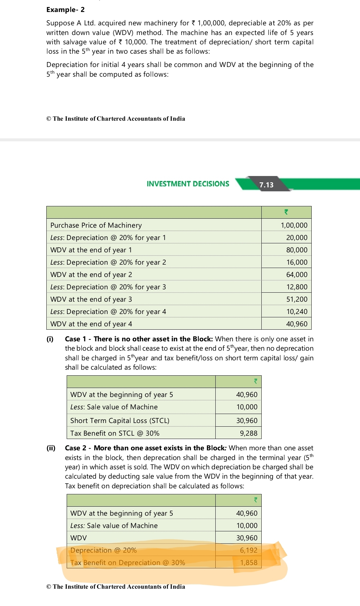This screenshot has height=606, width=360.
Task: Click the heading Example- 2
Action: click(65, 10)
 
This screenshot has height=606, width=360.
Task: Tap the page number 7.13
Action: click(266, 185)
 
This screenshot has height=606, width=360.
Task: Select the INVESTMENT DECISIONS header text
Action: click(188, 184)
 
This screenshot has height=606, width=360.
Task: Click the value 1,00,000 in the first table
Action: click(294, 225)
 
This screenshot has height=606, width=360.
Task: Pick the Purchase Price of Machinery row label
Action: click(96, 225)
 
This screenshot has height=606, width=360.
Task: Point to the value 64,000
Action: click(297, 275)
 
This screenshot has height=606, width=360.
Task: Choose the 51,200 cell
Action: click(297, 299)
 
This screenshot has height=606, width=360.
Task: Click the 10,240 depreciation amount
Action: click(297, 312)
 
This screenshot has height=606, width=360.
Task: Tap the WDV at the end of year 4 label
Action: click(91, 324)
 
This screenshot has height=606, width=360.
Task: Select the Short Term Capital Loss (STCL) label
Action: click(120, 421)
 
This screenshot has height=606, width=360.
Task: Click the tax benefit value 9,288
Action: click(249, 433)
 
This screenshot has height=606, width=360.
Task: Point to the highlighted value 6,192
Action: click(249, 550)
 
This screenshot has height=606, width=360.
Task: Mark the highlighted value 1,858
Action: click(249, 563)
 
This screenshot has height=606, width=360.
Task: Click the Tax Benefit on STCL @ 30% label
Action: click(115, 433)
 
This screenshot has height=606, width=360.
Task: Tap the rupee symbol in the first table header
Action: click(286, 212)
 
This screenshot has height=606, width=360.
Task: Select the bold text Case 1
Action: click(75, 339)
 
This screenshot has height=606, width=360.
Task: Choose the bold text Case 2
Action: click(75, 448)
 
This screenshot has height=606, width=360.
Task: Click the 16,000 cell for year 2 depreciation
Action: click(297, 262)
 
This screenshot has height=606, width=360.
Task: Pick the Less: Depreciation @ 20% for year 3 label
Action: click(108, 287)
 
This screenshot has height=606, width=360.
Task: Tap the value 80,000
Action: click(297, 250)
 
